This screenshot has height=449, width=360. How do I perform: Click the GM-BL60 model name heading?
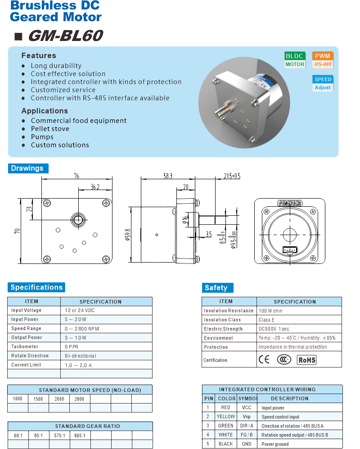coord(65,36)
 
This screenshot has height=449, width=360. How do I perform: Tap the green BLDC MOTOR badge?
coord(295,60)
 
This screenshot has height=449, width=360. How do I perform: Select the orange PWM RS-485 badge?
coord(323,60)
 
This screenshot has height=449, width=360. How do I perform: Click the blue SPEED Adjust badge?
coord(323,83)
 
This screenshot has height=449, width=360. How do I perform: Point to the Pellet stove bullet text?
coord(50,129)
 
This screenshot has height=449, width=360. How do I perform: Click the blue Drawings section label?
coord(27,168)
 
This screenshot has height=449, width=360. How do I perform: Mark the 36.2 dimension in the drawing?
coord(94,186)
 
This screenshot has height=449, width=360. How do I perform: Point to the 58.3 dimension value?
coord(168,176)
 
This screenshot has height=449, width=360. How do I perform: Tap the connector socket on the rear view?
coord(288,250)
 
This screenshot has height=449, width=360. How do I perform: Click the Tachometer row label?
coord(25,346)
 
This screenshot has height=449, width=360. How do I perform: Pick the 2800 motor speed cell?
coord(79,399)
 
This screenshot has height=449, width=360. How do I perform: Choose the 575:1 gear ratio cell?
coord(59,435)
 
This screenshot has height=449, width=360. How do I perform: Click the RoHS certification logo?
coord(306,359)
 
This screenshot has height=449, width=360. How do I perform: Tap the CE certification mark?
coord(264,359)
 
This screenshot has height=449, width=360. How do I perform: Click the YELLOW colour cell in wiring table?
coord(225,417)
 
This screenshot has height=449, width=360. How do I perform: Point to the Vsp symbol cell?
coord(247,417)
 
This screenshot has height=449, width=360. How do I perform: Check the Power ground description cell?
coord(275,444)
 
